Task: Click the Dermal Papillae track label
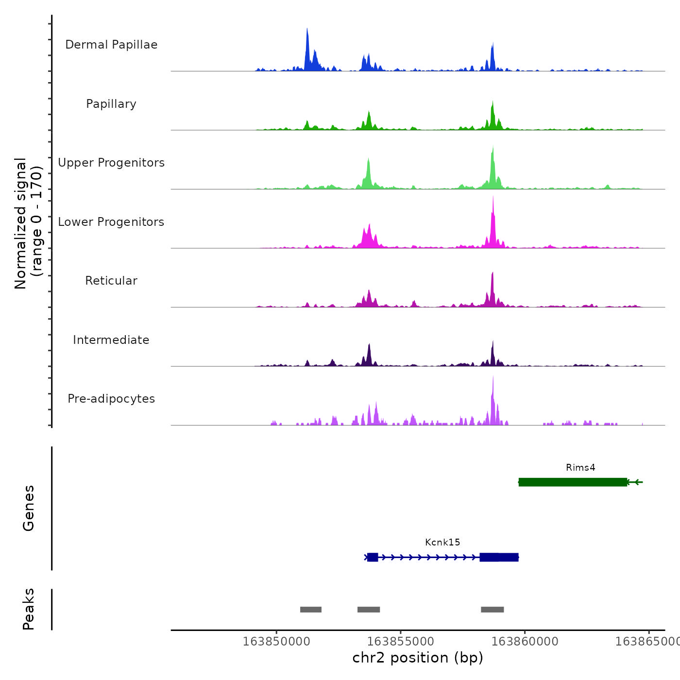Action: (111, 45)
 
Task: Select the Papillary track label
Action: (111, 104)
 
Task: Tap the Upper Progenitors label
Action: (111, 163)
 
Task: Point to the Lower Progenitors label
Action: (111, 222)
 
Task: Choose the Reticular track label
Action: (111, 281)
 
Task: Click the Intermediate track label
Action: (111, 340)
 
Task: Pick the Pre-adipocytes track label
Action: (111, 399)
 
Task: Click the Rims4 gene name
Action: (580, 468)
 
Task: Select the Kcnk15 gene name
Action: (442, 543)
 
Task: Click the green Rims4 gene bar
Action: (573, 482)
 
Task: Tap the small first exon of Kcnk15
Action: (373, 557)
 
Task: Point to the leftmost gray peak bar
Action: (311, 610)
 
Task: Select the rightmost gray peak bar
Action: (493, 610)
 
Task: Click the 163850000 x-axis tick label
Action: (276, 642)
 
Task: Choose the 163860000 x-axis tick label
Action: (525, 642)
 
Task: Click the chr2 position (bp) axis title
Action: (418, 658)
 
